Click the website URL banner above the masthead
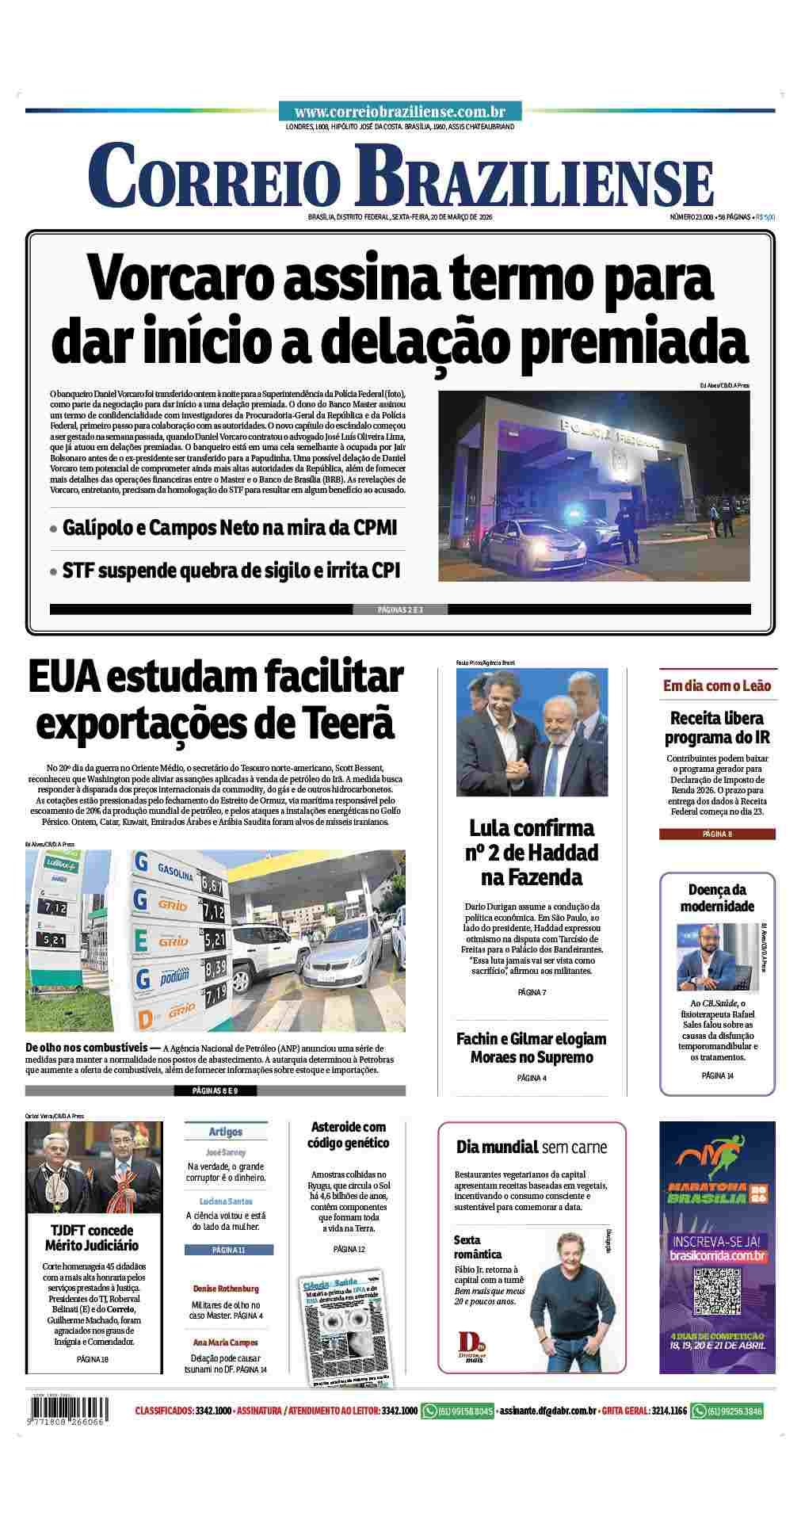click(x=400, y=112)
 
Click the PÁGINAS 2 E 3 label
click(x=400, y=609)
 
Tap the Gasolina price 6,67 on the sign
click(x=212, y=884)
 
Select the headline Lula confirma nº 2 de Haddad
click(x=531, y=853)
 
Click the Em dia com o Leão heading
click(x=717, y=685)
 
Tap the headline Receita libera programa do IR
click(x=717, y=727)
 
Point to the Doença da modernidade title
click(x=717, y=898)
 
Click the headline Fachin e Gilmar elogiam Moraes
click(x=531, y=1048)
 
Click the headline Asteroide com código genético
click(x=349, y=1135)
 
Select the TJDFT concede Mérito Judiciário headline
click(x=93, y=1238)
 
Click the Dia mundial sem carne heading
click(x=531, y=1147)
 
